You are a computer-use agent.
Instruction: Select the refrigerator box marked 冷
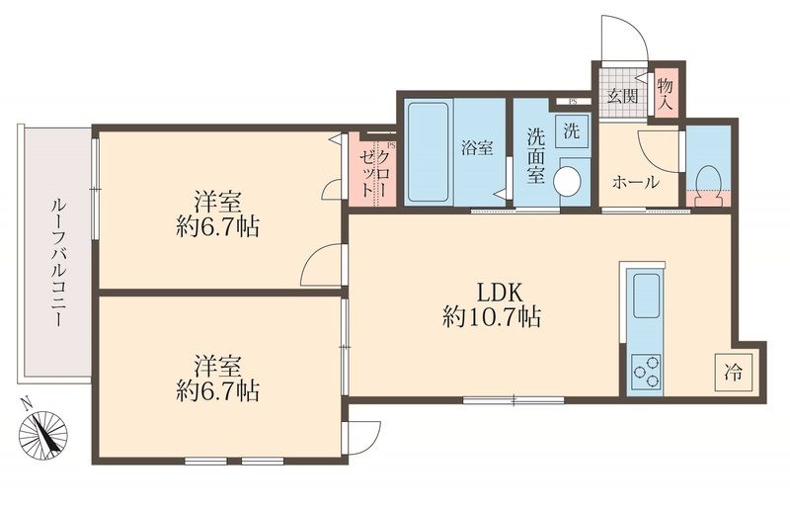click(x=733, y=373)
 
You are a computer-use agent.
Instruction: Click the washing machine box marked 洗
click(x=572, y=131)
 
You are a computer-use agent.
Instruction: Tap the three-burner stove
click(x=647, y=371)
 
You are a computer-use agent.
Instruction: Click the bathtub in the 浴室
click(x=428, y=152)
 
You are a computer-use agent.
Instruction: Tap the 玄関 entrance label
click(x=622, y=96)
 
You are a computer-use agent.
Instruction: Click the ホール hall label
click(x=635, y=182)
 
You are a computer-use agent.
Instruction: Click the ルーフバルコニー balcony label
click(x=57, y=263)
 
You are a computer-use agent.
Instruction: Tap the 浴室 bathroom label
click(x=477, y=148)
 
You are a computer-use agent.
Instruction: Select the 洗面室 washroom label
click(x=535, y=156)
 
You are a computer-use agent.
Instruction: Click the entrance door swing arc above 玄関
click(x=637, y=30)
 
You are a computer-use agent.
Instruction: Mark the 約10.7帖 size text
click(x=492, y=318)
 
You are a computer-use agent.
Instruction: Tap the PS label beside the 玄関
click(x=573, y=102)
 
